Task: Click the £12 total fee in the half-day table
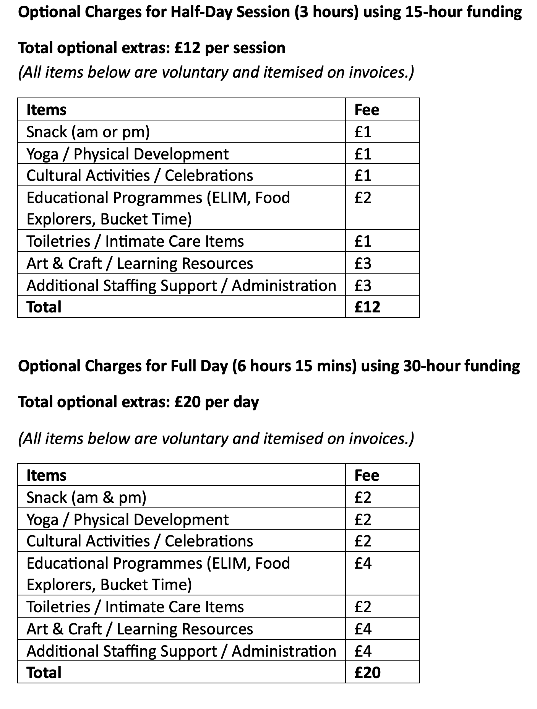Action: [367, 307]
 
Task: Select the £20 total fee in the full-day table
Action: [367, 673]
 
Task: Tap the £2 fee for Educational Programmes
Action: [363, 198]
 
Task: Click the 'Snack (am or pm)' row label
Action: [88, 132]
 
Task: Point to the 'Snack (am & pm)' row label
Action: [86, 498]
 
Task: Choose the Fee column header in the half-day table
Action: [367, 110]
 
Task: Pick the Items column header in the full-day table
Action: [46, 475]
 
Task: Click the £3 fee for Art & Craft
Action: [363, 263]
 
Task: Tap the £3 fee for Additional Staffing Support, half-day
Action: [363, 286]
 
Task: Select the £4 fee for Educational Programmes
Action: [363, 563]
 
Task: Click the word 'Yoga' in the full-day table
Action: [42, 520]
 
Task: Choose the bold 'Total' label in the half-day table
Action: [44, 307]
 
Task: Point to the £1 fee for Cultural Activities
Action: [363, 176]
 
